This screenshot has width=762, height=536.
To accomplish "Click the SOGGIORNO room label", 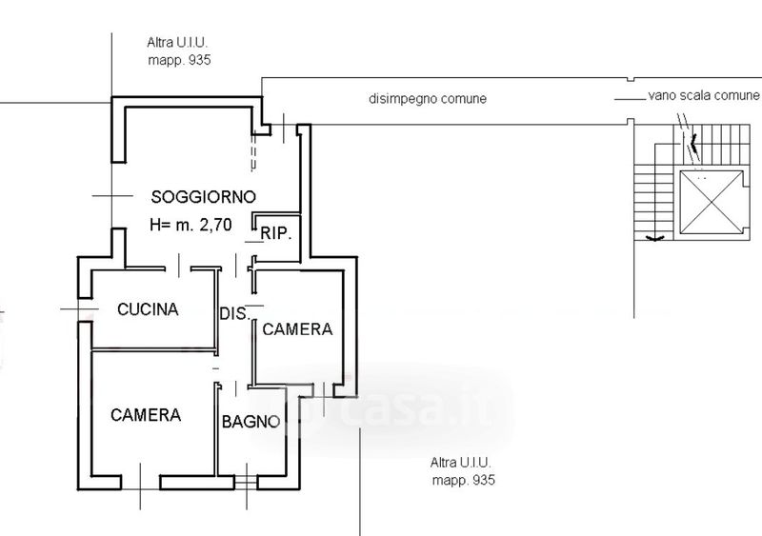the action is click(x=203, y=197).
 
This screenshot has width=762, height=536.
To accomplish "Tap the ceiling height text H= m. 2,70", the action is click(x=191, y=225).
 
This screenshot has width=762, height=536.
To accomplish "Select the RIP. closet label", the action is click(x=276, y=234).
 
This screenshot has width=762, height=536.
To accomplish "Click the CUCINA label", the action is click(x=148, y=309).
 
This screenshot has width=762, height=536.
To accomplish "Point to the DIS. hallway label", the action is click(x=234, y=313).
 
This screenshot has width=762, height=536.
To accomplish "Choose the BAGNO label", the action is click(x=251, y=422).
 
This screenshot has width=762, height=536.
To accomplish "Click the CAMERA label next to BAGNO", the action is click(x=146, y=415).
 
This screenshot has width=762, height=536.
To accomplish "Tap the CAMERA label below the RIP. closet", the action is click(x=297, y=329).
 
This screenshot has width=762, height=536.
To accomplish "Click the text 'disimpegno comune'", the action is click(x=428, y=99).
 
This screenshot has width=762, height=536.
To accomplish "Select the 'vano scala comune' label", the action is click(x=703, y=95).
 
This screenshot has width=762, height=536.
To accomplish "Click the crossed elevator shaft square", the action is click(x=712, y=202).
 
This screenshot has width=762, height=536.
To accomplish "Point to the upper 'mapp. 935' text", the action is click(x=179, y=60).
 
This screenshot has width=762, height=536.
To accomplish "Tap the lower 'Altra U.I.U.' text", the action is click(x=461, y=463).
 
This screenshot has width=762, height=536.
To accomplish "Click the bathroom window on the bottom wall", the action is click(x=246, y=483).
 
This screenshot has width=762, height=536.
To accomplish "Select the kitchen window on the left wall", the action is click(x=85, y=309).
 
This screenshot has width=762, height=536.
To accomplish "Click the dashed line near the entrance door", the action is click(x=253, y=151).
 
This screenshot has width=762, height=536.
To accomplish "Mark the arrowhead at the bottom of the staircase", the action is click(x=654, y=238).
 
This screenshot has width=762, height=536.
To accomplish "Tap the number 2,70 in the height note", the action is click(x=216, y=225).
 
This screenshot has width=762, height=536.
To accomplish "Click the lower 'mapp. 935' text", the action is click(x=464, y=480).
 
